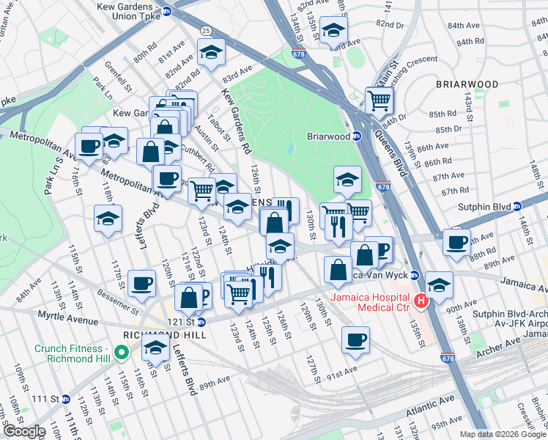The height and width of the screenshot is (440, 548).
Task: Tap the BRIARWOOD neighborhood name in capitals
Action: pyautogui.click(x=467, y=84)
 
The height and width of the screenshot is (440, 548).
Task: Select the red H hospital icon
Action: pyautogui.click(x=421, y=301)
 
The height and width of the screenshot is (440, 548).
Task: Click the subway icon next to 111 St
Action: pyautogui.click(x=65, y=399)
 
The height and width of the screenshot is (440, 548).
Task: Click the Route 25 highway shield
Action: pyautogui.click(x=207, y=30)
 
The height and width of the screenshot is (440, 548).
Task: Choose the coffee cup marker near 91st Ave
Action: pyautogui.click(x=355, y=340)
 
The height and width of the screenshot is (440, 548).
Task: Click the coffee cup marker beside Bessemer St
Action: pyautogui.click(x=141, y=282)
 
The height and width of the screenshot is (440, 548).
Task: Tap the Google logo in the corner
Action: pyautogui.click(x=23, y=432)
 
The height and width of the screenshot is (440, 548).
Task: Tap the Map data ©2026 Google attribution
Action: pyautogui.click(x=503, y=434)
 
